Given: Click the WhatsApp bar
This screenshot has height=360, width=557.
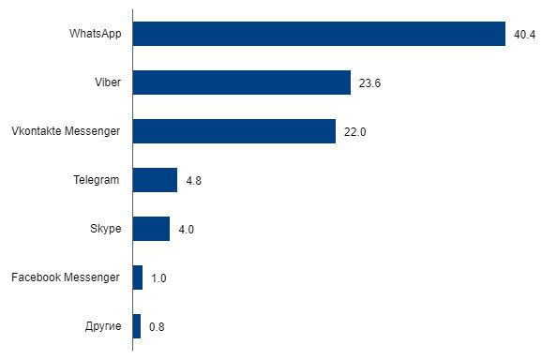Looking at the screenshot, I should coord(319,34).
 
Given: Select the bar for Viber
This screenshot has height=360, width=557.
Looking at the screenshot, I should coord(242,82).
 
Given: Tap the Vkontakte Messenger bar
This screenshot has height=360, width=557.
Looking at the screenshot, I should coord(234,131).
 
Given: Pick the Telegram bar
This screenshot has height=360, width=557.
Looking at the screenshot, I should coord(155,180).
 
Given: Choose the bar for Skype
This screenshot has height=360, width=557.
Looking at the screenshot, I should coord(151,229).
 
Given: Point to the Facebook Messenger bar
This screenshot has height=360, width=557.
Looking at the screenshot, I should coord(138,277).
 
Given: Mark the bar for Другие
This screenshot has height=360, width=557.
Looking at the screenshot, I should coord(137,326).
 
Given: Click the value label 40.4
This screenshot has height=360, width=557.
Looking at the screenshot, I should coord(524,35).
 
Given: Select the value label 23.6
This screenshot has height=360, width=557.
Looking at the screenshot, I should coord(369,83).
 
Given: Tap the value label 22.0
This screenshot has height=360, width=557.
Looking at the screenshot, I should coord(354,132).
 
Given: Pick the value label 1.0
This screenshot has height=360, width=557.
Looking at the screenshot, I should coord(159,278).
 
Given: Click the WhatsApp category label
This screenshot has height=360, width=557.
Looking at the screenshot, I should coord(94,34).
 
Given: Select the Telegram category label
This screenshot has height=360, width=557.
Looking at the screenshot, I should coord(97,180).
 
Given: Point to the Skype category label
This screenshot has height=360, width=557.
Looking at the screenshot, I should coord(104,229).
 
